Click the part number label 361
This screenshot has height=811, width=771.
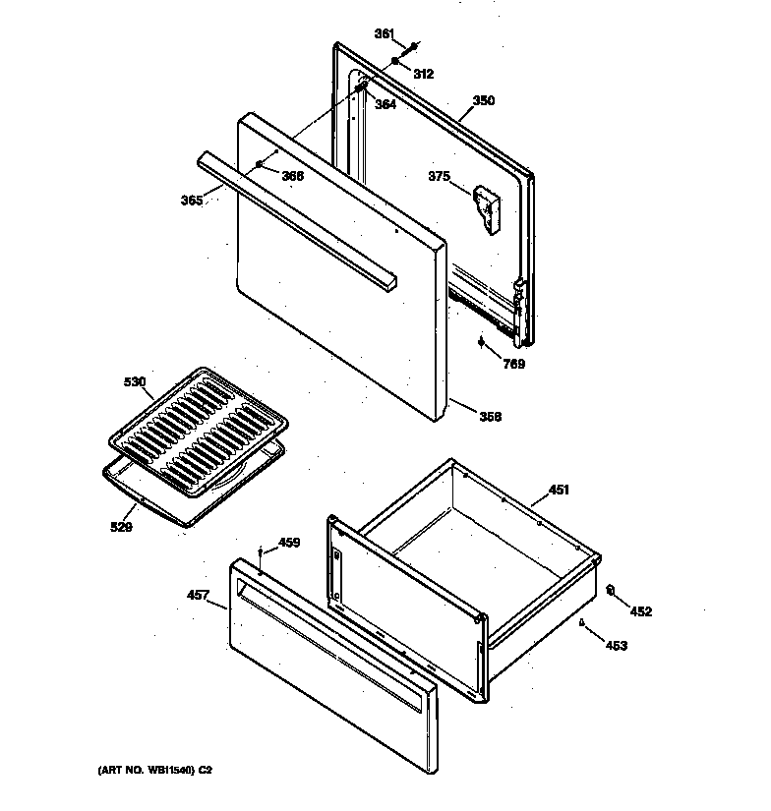coord(384,34)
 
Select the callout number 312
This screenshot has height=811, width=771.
coord(423,74)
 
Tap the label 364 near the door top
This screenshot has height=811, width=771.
coord(385,104)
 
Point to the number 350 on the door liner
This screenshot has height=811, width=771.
coord(484,100)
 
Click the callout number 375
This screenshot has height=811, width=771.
coord(439,177)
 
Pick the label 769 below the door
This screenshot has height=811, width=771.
coord(513,364)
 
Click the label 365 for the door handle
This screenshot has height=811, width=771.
coord(193,201)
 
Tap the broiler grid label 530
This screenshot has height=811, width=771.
coord(134,381)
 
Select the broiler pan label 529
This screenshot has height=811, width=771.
coord(121,527)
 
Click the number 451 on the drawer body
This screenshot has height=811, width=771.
coord(559,489)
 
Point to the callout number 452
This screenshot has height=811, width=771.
coord(640,611)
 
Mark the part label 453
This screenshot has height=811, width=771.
coord(617,646)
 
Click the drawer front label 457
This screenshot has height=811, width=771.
coord(198,595)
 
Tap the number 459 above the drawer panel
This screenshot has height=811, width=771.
coord(289,542)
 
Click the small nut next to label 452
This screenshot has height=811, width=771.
coord(611,591)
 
